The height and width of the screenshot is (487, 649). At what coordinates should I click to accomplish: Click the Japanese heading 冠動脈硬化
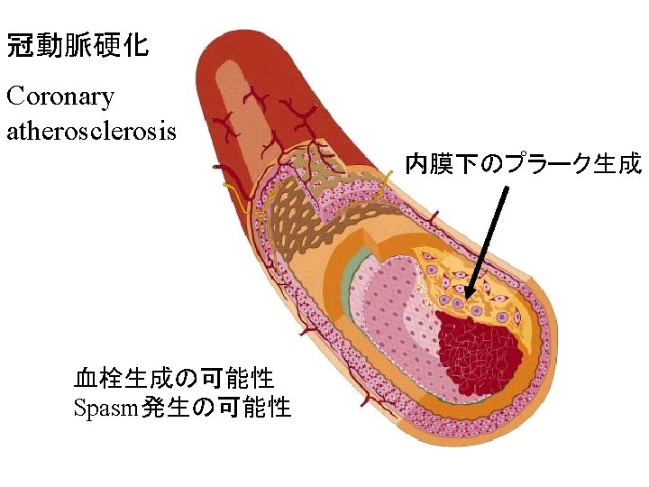pyautogui.click(x=78, y=46)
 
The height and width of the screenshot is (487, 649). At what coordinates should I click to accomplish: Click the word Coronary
pyautogui.click(x=60, y=96)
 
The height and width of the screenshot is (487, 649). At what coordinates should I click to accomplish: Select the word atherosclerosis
pyautogui.click(x=92, y=131)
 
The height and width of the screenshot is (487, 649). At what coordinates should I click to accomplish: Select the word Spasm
pyautogui.click(x=105, y=408)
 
